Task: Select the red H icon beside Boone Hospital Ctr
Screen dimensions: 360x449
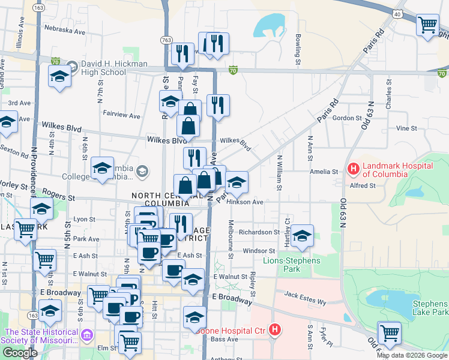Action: click(275, 329)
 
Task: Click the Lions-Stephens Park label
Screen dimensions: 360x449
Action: click(291, 265)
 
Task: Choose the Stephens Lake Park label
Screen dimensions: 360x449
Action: click(430, 308)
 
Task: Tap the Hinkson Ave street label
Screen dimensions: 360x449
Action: click(245, 202)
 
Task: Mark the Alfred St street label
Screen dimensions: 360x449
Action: click(363, 186)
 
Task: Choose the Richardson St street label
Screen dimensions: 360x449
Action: click(259, 232)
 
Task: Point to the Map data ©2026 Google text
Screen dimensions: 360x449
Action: click(412, 355)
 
